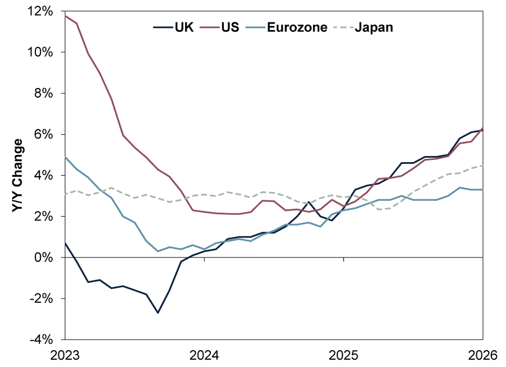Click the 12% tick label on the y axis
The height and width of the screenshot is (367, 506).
[43, 11]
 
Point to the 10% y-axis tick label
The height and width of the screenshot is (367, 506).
[43, 52]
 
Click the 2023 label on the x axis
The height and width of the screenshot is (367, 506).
[65, 355]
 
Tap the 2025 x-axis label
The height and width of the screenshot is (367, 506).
[344, 355]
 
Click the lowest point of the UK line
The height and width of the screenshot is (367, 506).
[158, 313]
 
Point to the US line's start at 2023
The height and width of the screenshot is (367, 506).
[66, 16]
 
